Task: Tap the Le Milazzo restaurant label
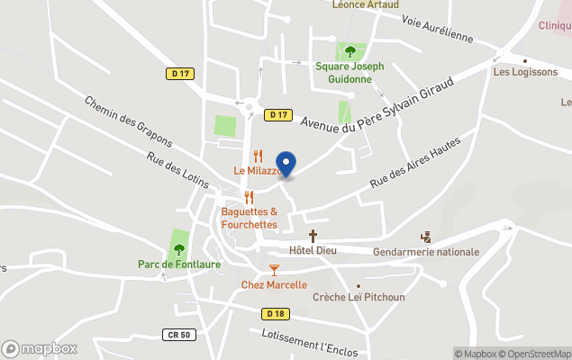click(x=259, y=171)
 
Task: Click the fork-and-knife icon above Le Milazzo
click(x=258, y=155)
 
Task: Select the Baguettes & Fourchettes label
click(x=250, y=218)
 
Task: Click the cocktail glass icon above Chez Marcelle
click(x=274, y=269)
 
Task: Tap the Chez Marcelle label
click(x=274, y=285)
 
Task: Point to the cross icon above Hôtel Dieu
click(x=313, y=236)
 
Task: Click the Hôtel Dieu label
click(x=313, y=250)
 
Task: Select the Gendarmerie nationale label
click(x=425, y=252)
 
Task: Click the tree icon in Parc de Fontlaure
click(x=178, y=249)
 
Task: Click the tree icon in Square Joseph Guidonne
click(x=350, y=51)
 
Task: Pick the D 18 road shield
click(x=275, y=313)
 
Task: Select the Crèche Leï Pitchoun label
click(x=359, y=297)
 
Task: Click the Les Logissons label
click(x=525, y=72)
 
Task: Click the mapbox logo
click(x=40, y=348)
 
